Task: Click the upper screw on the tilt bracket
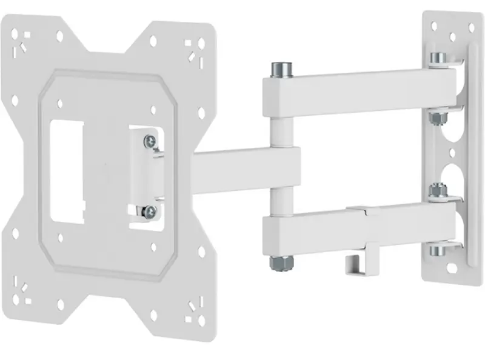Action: [149, 142]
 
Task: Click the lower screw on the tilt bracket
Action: [149, 212]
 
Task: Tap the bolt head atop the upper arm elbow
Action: [280, 69]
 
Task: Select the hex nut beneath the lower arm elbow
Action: [280, 262]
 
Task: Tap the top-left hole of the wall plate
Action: [433, 25]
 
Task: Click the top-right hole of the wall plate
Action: [471, 27]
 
